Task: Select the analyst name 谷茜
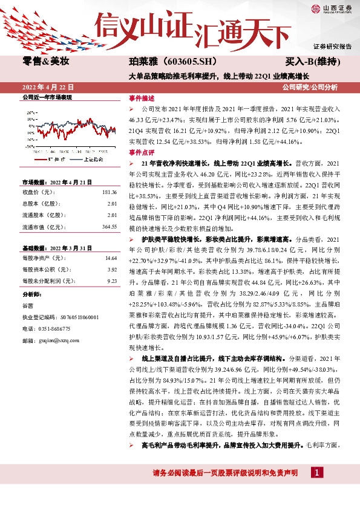tap(28, 305)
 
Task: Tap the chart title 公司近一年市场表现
tap(47, 97)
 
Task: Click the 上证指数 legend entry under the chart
tap(92, 160)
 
